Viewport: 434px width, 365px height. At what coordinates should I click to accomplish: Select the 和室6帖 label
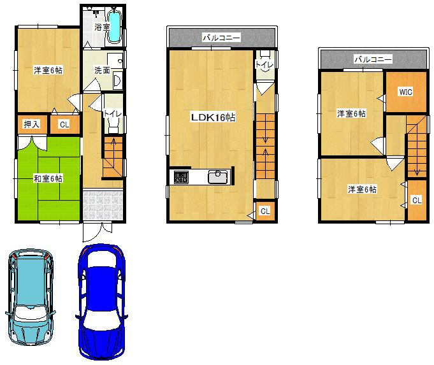[48, 178]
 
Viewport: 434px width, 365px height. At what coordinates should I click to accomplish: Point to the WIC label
[405, 92]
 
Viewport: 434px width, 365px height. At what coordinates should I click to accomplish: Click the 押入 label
[31, 124]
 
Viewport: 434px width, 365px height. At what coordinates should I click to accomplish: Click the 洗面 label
[102, 70]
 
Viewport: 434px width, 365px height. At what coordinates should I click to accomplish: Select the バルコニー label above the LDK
[221, 38]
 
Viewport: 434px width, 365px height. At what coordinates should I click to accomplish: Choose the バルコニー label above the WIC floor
[373, 59]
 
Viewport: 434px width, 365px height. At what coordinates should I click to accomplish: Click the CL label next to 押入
[64, 125]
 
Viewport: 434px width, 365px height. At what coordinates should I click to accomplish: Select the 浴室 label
[102, 27]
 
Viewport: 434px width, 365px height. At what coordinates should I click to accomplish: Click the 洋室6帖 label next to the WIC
[351, 113]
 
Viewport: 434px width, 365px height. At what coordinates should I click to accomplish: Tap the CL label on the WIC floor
[416, 200]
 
